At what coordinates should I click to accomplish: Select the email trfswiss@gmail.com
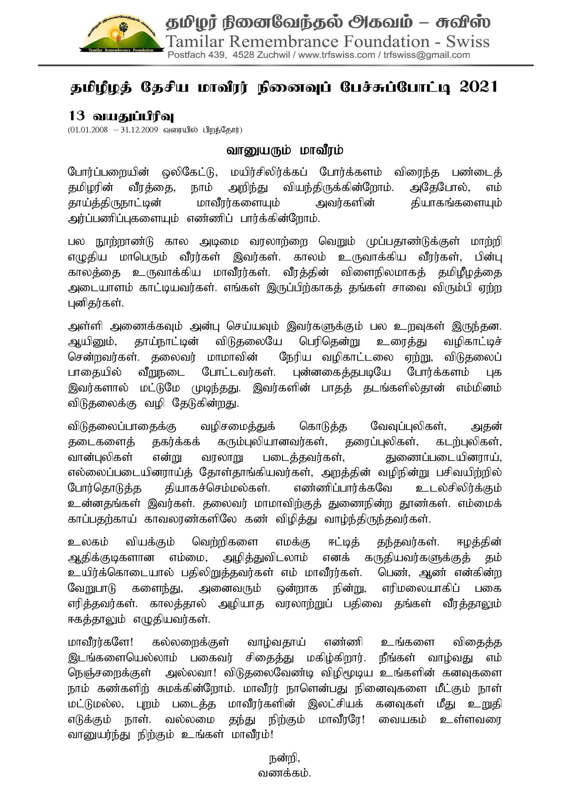[x=426, y=55]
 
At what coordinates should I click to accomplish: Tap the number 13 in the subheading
[x=76, y=116]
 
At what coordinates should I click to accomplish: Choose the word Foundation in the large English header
[x=386, y=42]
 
